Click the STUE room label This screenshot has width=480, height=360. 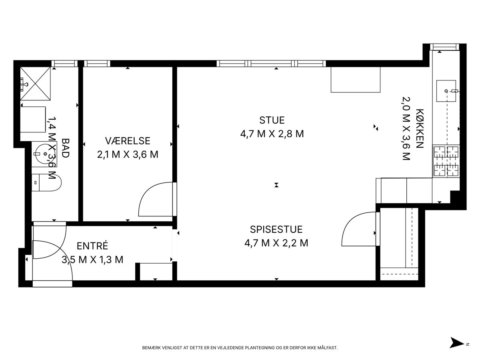[x=272, y=120]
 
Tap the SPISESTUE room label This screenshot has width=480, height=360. [x=276, y=229]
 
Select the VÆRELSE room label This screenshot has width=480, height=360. [x=128, y=141]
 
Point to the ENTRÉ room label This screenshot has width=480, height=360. [x=92, y=246]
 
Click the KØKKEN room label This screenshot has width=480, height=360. [x=420, y=128]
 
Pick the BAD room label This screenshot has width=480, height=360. [x=65, y=148]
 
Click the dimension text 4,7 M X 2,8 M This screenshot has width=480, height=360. [x=272, y=134]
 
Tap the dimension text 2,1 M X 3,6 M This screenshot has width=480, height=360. [x=128, y=154]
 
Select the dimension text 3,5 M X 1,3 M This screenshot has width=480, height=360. [x=92, y=260]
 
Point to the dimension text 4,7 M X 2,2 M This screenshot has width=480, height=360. [x=276, y=243]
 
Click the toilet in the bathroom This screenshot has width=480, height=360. [x=46, y=182]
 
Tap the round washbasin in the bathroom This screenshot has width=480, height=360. [x=44, y=154]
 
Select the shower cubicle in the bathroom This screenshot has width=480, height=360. [x=36, y=84]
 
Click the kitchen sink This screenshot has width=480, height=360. [x=446, y=91]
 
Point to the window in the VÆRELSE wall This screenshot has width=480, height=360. [x=97, y=63]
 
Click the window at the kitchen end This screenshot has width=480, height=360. [x=445, y=47]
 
